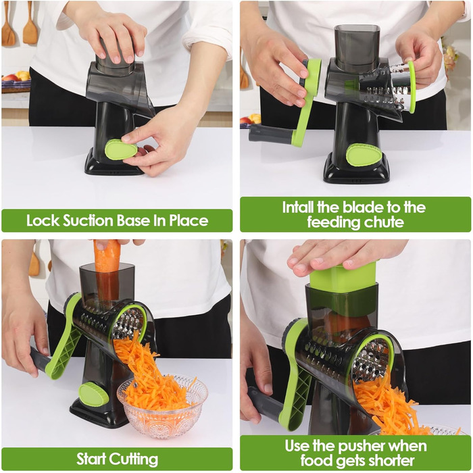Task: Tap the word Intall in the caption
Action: pyautogui.click(x=298, y=207)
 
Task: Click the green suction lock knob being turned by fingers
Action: pyautogui.click(x=121, y=149)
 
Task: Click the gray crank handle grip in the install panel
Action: pyautogui.click(x=270, y=134)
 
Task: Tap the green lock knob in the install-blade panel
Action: pyautogui.click(x=364, y=155)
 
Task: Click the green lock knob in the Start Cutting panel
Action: pyautogui.click(x=93, y=394)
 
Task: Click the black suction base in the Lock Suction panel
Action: pyautogui.click(x=115, y=162)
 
